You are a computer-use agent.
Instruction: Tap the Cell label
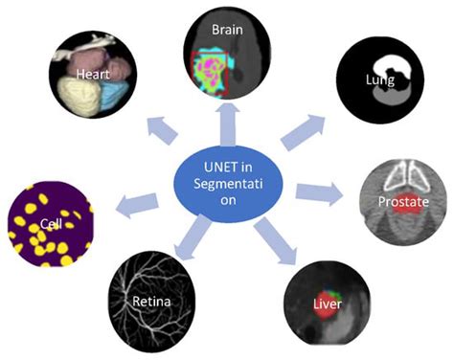pyautogui.click(x=48, y=225)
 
